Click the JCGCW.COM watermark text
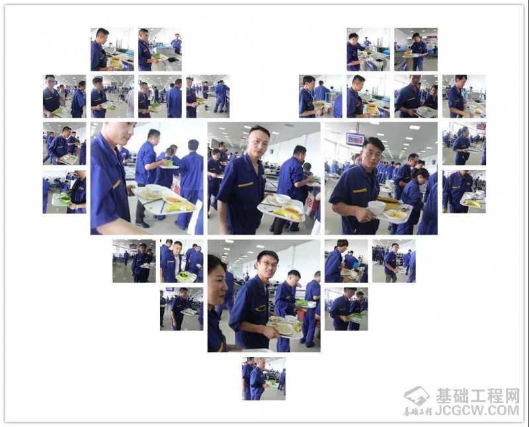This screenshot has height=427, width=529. (477, 411)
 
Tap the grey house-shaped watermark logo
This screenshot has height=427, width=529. (417, 396)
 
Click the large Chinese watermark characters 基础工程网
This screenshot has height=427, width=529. (477, 396)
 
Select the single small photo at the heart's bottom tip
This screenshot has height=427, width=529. (264, 379)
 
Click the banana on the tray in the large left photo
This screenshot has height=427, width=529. (180, 207)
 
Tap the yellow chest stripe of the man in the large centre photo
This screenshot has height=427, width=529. (245, 184)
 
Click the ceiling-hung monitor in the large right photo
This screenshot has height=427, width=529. (355, 139)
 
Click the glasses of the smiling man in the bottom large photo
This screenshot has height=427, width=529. (270, 265)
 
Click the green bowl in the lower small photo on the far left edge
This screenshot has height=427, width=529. (64, 200)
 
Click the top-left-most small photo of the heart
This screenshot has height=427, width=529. (112, 49)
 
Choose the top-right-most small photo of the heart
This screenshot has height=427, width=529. (416, 49)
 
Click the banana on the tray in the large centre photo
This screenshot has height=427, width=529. (286, 214)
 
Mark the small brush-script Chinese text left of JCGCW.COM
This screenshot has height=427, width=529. (418, 412)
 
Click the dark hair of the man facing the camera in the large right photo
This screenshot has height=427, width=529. (374, 144)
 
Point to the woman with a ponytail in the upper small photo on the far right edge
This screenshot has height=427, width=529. (462, 145)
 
